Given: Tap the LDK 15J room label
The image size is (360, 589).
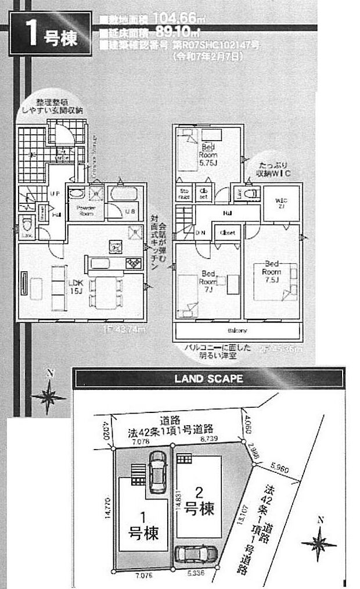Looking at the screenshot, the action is click(77, 287).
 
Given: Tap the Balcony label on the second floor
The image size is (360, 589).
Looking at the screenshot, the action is click(237, 331).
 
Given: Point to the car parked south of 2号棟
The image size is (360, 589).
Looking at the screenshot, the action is click(195, 555).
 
